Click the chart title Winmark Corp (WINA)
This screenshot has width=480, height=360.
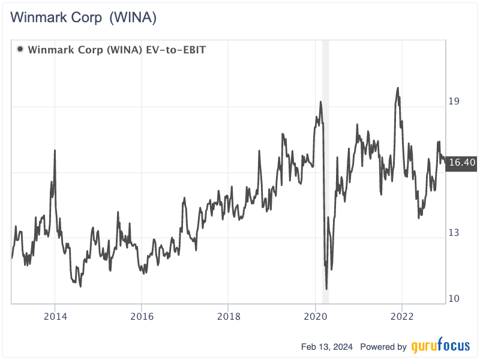click(x=83, y=18)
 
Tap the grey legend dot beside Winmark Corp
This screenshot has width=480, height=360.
click(x=20, y=49)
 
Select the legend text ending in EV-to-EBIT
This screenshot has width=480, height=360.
click(x=117, y=49)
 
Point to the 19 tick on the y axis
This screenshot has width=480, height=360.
click(x=454, y=101)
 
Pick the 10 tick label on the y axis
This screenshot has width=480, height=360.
click(x=454, y=298)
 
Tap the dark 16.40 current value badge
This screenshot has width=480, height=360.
click(x=461, y=162)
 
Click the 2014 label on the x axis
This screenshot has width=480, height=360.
click(x=55, y=316)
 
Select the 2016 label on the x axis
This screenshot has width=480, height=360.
click(x=142, y=316)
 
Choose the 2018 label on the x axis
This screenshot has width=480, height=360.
click(x=229, y=316)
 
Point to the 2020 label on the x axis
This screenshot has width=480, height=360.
click(x=316, y=316)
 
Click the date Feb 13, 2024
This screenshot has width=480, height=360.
click(x=328, y=347)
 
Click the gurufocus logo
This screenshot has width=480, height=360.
click(x=440, y=346)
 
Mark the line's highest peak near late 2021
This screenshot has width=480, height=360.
click(x=398, y=88)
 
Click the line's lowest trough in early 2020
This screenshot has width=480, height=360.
click(x=326, y=289)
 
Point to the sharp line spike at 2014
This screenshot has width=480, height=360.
click(x=55, y=150)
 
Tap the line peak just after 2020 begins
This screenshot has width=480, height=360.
click(x=321, y=101)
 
